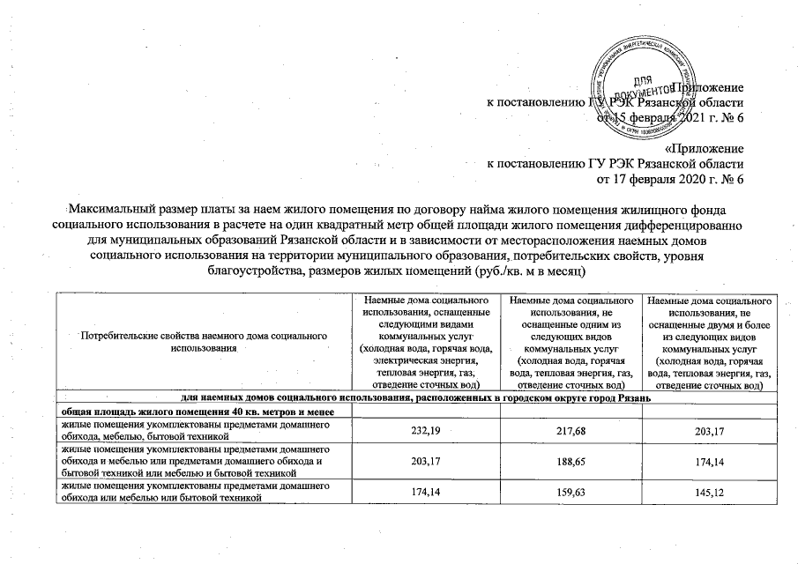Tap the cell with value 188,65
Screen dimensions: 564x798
pos(571,458)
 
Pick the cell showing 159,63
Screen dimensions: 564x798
pos(571,490)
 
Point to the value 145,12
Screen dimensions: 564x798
pos(710,490)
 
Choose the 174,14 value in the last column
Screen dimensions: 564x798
pos(710,458)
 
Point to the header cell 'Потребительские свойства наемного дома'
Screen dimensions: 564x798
pos(203,343)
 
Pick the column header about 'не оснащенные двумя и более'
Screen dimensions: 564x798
pos(710,343)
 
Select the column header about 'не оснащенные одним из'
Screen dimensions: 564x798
pos(571,343)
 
